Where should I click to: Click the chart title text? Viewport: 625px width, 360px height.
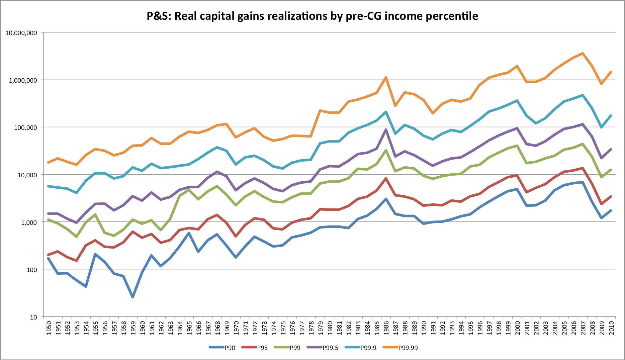[312, 16]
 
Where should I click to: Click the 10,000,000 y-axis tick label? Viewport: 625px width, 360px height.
[21, 33]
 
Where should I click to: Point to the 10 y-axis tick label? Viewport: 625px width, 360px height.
[33, 317]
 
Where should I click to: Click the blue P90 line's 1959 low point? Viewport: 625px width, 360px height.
[133, 297]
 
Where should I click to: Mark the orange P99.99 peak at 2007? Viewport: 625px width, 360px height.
[583, 53]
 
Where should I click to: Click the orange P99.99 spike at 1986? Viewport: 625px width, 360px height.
[386, 78]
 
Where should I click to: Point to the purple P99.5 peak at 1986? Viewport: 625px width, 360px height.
[386, 130]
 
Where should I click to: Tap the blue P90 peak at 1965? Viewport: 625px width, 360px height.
[189, 233]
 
